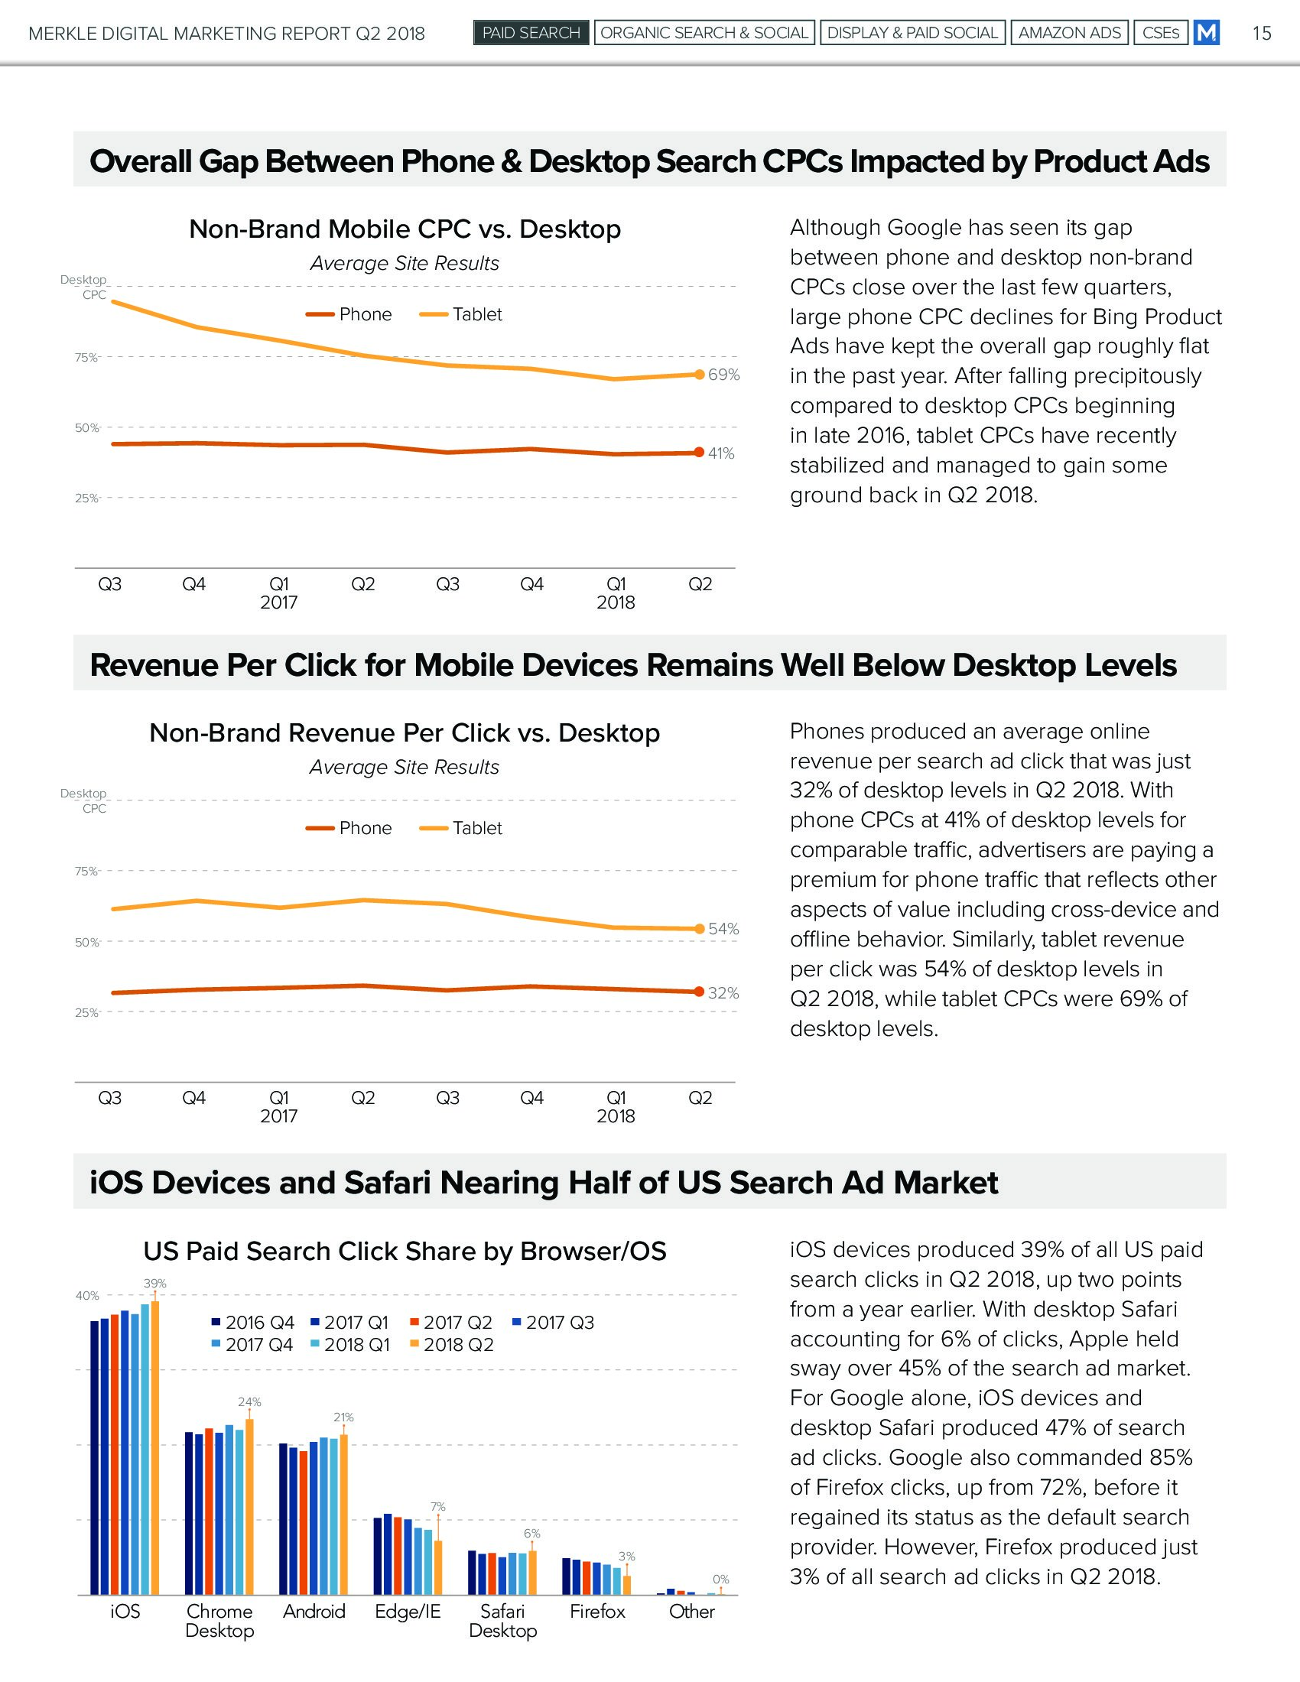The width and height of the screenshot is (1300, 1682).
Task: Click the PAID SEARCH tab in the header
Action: (x=531, y=33)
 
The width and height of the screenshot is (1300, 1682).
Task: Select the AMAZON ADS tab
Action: (x=1069, y=33)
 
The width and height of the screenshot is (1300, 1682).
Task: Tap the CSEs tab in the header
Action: (x=1161, y=33)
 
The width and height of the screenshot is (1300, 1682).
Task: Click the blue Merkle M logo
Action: (x=1206, y=33)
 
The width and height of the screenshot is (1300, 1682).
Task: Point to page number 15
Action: (x=1262, y=33)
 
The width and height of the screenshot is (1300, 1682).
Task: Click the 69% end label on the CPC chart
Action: (x=724, y=375)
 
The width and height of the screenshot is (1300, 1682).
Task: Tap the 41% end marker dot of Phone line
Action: (x=699, y=452)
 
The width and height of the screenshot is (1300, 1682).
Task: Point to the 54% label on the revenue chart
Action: (x=724, y=929)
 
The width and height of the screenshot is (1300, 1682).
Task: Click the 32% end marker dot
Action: (x=699, y=991)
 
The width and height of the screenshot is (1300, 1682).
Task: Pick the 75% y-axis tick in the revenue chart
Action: (x=86, y=872)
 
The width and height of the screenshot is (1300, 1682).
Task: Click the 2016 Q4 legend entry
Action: (x=252, y=1323)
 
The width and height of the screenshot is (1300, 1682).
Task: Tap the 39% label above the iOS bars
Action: (x=154, y=1284)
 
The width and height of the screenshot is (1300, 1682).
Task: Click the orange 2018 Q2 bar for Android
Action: (x=343, y=1514)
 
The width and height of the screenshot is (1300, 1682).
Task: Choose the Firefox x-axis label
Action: (x=597, y=1611)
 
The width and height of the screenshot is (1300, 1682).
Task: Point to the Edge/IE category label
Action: (x=408, y=1611)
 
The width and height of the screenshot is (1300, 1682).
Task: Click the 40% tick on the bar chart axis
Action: (x=87, y=1296)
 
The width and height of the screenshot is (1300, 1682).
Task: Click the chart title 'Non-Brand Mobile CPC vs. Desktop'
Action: (x=405, y=229)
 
